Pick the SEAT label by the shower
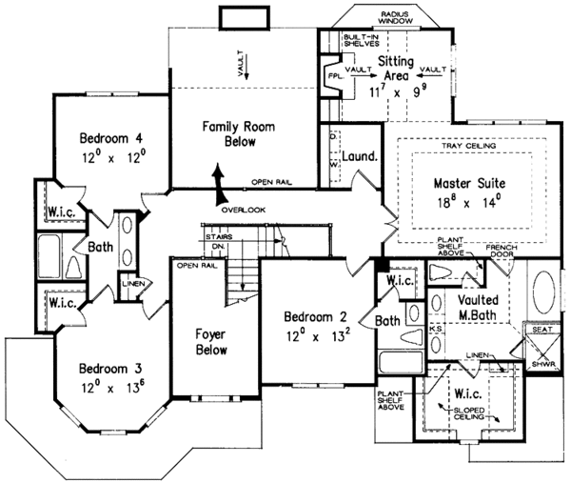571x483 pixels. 542,330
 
